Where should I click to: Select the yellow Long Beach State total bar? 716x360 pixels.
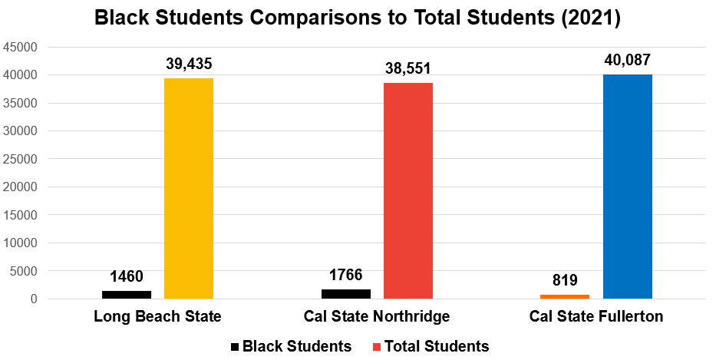tap(189, 188)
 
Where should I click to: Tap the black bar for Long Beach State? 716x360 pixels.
tap(127, 294)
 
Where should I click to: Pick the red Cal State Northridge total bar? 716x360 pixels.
tap(408, 190)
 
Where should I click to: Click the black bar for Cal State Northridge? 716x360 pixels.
tap(346, 293)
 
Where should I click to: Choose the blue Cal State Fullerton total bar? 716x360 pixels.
tap(628, 187)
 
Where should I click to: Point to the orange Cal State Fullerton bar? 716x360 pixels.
tap(565, 296)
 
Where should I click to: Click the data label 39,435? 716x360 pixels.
tap(190, 64)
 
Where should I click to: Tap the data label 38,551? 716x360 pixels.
tap(408, 69)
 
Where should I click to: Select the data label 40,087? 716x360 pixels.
tap(628, 61)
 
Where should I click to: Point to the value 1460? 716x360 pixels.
tap(127, 276)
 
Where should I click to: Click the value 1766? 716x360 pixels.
tap(346, 275)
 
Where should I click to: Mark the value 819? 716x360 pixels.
tap(565, 280)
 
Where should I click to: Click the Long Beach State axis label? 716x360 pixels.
tap(157, 316)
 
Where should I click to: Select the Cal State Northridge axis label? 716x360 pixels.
tap(377, 316)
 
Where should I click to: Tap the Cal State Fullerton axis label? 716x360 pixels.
tap(596, 316)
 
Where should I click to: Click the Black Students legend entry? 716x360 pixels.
tap(292, 346)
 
